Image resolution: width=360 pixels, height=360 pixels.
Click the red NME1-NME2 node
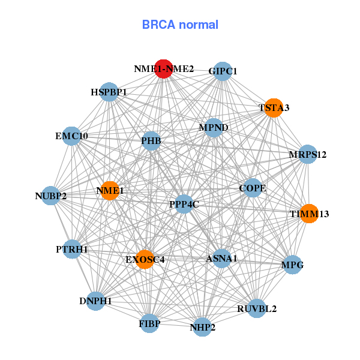[163, 69]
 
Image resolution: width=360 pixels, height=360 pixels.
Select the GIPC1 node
[223, 71]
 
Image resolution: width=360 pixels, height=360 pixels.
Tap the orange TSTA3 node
[274, 108]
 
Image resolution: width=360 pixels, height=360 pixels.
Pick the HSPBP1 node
[109, 92]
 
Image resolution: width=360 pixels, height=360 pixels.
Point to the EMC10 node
[71, 136]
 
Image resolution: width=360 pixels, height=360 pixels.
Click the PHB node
[151, 141]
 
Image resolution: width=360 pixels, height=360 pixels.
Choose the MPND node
[214, 128]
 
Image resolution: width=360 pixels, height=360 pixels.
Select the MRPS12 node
[308, 154]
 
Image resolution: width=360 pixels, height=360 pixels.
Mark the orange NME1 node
[110, 191]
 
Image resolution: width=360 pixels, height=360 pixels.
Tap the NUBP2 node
[50, 196]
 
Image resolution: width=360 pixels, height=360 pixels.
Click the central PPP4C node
[184, 204]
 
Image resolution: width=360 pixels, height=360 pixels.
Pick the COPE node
[253, 188]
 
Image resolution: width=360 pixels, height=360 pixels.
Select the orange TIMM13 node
[309, 214]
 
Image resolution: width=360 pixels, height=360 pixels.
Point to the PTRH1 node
[72, 249]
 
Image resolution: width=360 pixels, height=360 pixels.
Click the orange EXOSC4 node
[145, 259]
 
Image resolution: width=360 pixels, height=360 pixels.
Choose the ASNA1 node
[221, 258]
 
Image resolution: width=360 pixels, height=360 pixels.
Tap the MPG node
[293, 265]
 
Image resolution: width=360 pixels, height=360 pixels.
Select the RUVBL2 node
[257, 308]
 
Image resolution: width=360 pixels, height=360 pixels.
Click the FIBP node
[149, 323]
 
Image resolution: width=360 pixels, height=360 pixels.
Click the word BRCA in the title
[158, 25]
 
